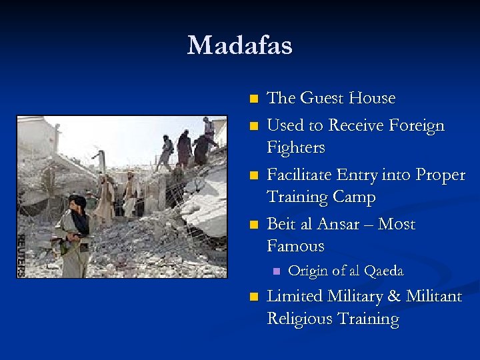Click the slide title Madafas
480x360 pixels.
pos(239,46)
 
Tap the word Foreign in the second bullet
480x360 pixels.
pos(413,125)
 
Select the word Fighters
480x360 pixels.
pos(296,147)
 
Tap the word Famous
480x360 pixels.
pos(295,246)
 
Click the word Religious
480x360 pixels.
pos(299,319)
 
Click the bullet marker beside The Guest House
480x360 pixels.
pos(252,99)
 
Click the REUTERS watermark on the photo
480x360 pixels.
pos(21,254)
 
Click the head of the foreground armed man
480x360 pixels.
pos(78,202)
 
